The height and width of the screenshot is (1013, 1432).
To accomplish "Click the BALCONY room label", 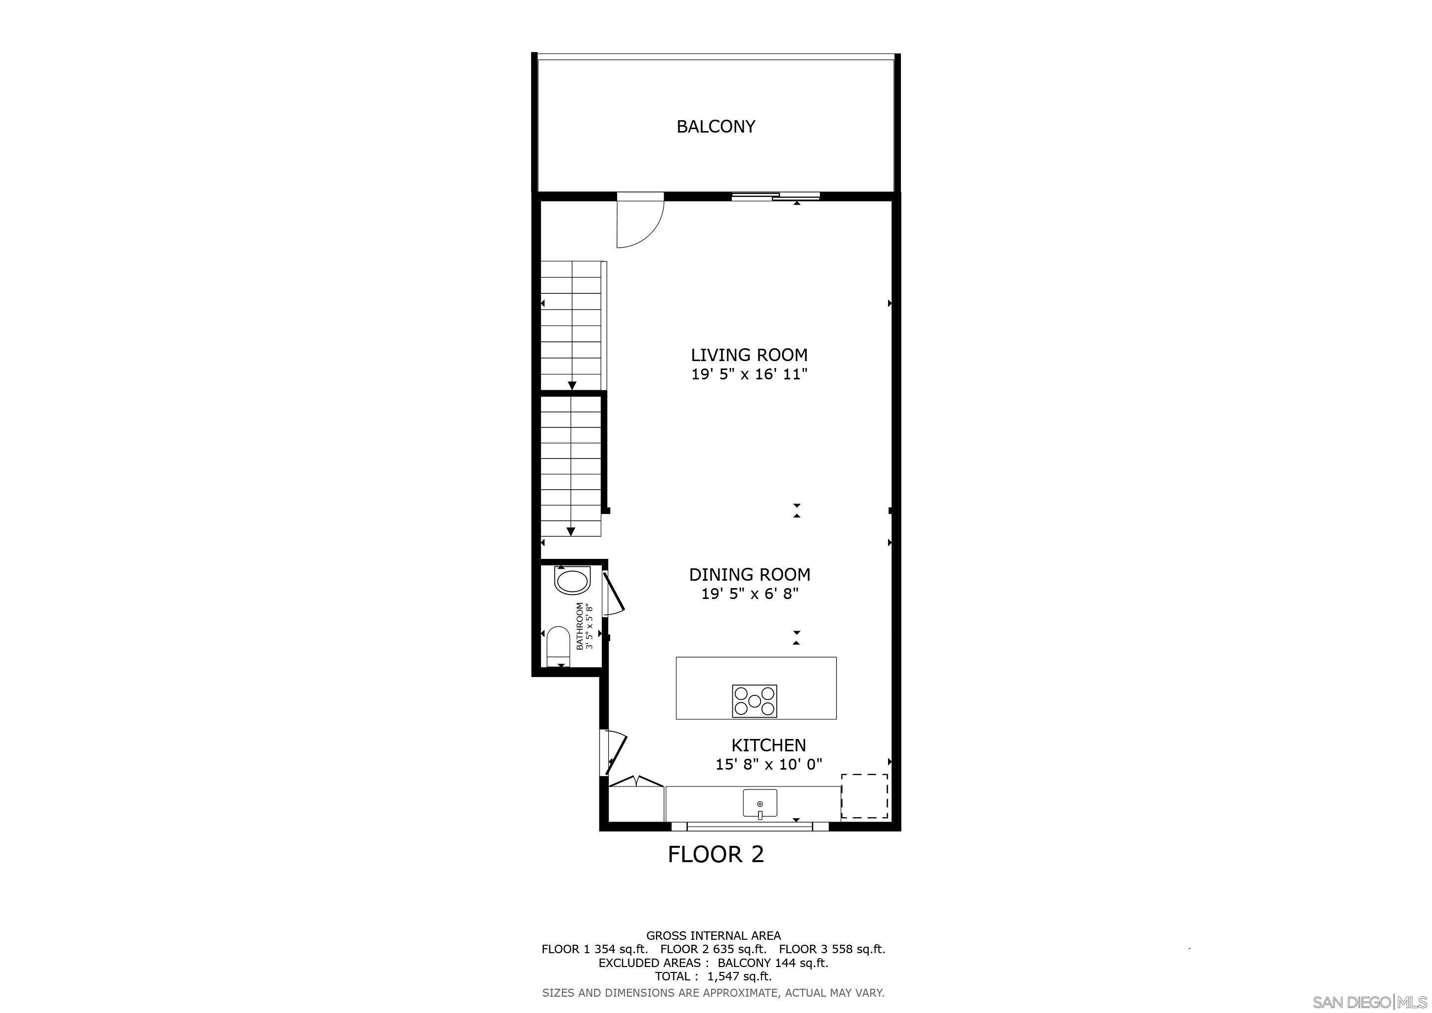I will (716, 127).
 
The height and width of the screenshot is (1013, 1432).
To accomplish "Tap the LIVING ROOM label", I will (749, 355).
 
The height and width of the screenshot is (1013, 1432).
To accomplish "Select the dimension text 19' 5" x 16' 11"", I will (749, 375).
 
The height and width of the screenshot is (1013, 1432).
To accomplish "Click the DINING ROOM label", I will (750, 574).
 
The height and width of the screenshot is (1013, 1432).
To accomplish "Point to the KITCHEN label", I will (768, 745).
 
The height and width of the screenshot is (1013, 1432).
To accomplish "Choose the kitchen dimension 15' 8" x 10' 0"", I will (768, 764).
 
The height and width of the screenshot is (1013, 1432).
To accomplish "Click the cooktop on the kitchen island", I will (754, 700).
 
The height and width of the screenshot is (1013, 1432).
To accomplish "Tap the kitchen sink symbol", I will (760, 803).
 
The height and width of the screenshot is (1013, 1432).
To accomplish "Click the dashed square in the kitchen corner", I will (864, 796).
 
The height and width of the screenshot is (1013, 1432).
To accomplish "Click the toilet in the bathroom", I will (558, 647).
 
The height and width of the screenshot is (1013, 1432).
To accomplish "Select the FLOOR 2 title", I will (716, 854).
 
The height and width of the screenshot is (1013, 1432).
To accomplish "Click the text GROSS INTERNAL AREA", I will (713, 936).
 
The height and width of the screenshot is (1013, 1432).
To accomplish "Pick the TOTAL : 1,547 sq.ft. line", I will (713, 976).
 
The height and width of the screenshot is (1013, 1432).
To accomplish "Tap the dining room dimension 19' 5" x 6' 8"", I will (750, 594).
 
